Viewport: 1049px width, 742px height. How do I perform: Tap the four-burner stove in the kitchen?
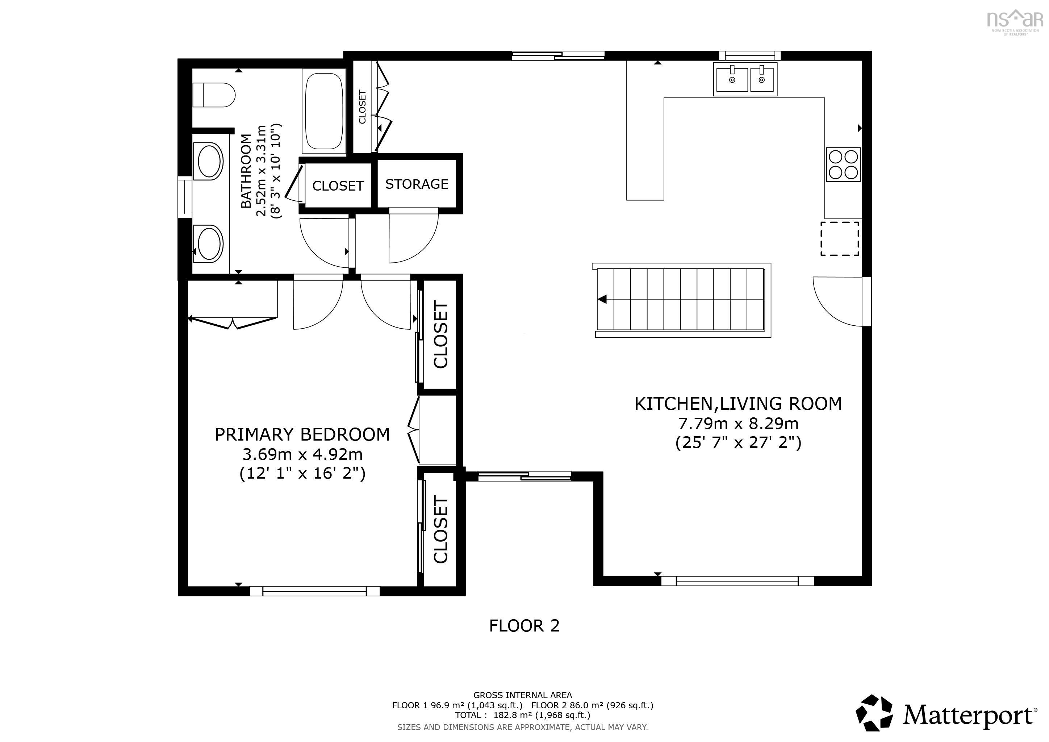tap(843, 164)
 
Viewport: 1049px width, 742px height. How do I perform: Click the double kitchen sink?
tap(745, 79)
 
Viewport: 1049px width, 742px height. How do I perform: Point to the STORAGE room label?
tap(417, 184)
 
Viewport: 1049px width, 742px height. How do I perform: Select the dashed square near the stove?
tap(839, 238)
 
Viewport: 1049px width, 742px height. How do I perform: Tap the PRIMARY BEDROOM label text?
tap(302, 434)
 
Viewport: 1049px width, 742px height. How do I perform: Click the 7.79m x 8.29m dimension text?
tap(738, 424)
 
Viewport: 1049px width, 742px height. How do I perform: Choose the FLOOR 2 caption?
tap(524, 625)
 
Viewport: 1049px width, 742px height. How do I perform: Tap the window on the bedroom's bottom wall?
tap(314, 591)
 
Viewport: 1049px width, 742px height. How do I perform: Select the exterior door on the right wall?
tap(866, 301)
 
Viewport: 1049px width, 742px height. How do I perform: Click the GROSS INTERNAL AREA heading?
tap(522, 695)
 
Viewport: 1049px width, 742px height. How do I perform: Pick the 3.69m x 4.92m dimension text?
tap(302, 455)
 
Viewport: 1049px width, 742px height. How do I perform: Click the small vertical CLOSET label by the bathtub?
tap(362, 107)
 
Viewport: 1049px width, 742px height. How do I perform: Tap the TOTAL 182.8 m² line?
tap(522, 715)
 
